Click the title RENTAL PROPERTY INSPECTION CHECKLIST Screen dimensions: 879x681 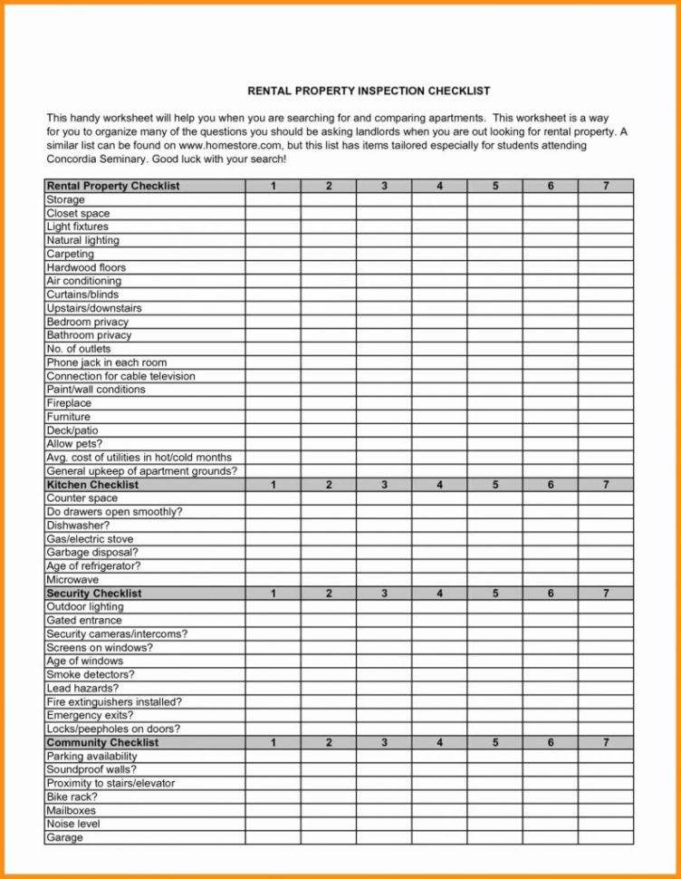pyautogui.click(x=369, y=91)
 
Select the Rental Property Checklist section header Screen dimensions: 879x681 pyautogui.click(x=113, y=186)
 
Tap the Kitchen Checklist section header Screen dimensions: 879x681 pyautogui.click(x=92, y=485)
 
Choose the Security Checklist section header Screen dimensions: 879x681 pyautogui.click(x=94, y=594)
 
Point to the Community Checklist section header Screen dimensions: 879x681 pyautogui.click(x=102, y=743)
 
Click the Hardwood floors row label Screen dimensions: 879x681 pyautogui.click(x=86, y=267)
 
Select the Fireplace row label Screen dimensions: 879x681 pyautogui.click(x=69, y=403)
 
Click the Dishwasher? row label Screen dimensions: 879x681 pyautogui.click(x=78, y=526)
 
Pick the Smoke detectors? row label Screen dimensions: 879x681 pyautogui.click(x=91, y=675)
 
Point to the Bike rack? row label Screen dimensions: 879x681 pyautogui.click(x=72, y=797)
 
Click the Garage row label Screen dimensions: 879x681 pyautogui.click(x=64, y=838)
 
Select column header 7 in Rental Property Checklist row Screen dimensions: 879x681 pyautogui.click(x=606, y=186)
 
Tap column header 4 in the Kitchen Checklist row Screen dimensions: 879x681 pyautogui.click(x=439, y=485)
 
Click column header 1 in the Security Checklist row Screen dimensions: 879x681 pyautogui.click(x=273, y=594)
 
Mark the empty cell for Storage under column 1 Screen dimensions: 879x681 pyautogui.click(x=273, y=199)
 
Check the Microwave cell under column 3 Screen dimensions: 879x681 pyautogui.click(x=384, y=580)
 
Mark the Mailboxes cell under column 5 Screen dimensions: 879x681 pyautogui.click(x=495, y=811)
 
